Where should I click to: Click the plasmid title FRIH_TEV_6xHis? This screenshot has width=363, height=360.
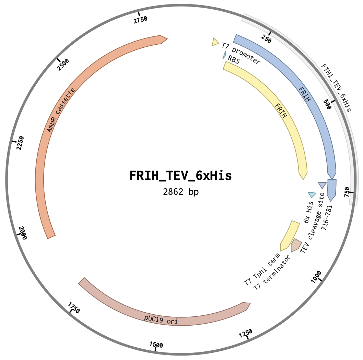pos(180,176)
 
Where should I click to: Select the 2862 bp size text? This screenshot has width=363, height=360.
pos(180,192)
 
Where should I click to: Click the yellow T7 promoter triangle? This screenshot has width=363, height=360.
pos(214,42)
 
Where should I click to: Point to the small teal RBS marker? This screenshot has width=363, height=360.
pos(224,55)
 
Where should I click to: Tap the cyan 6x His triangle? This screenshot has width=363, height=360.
pos(312,194)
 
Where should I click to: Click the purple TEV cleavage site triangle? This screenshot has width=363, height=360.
pos(322,185)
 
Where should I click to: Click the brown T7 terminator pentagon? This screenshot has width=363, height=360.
pos(296,245)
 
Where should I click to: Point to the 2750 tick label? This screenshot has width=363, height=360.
pos(141,20)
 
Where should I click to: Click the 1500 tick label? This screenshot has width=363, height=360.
pos(156,345)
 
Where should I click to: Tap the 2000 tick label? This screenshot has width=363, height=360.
pos(23,233)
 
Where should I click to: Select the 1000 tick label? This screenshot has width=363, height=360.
pos(316,277)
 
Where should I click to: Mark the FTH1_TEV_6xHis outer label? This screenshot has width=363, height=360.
pos(336,88)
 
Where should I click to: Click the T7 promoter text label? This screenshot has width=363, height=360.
pos(241,53)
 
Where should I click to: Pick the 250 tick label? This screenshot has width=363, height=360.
pos(266,38)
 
